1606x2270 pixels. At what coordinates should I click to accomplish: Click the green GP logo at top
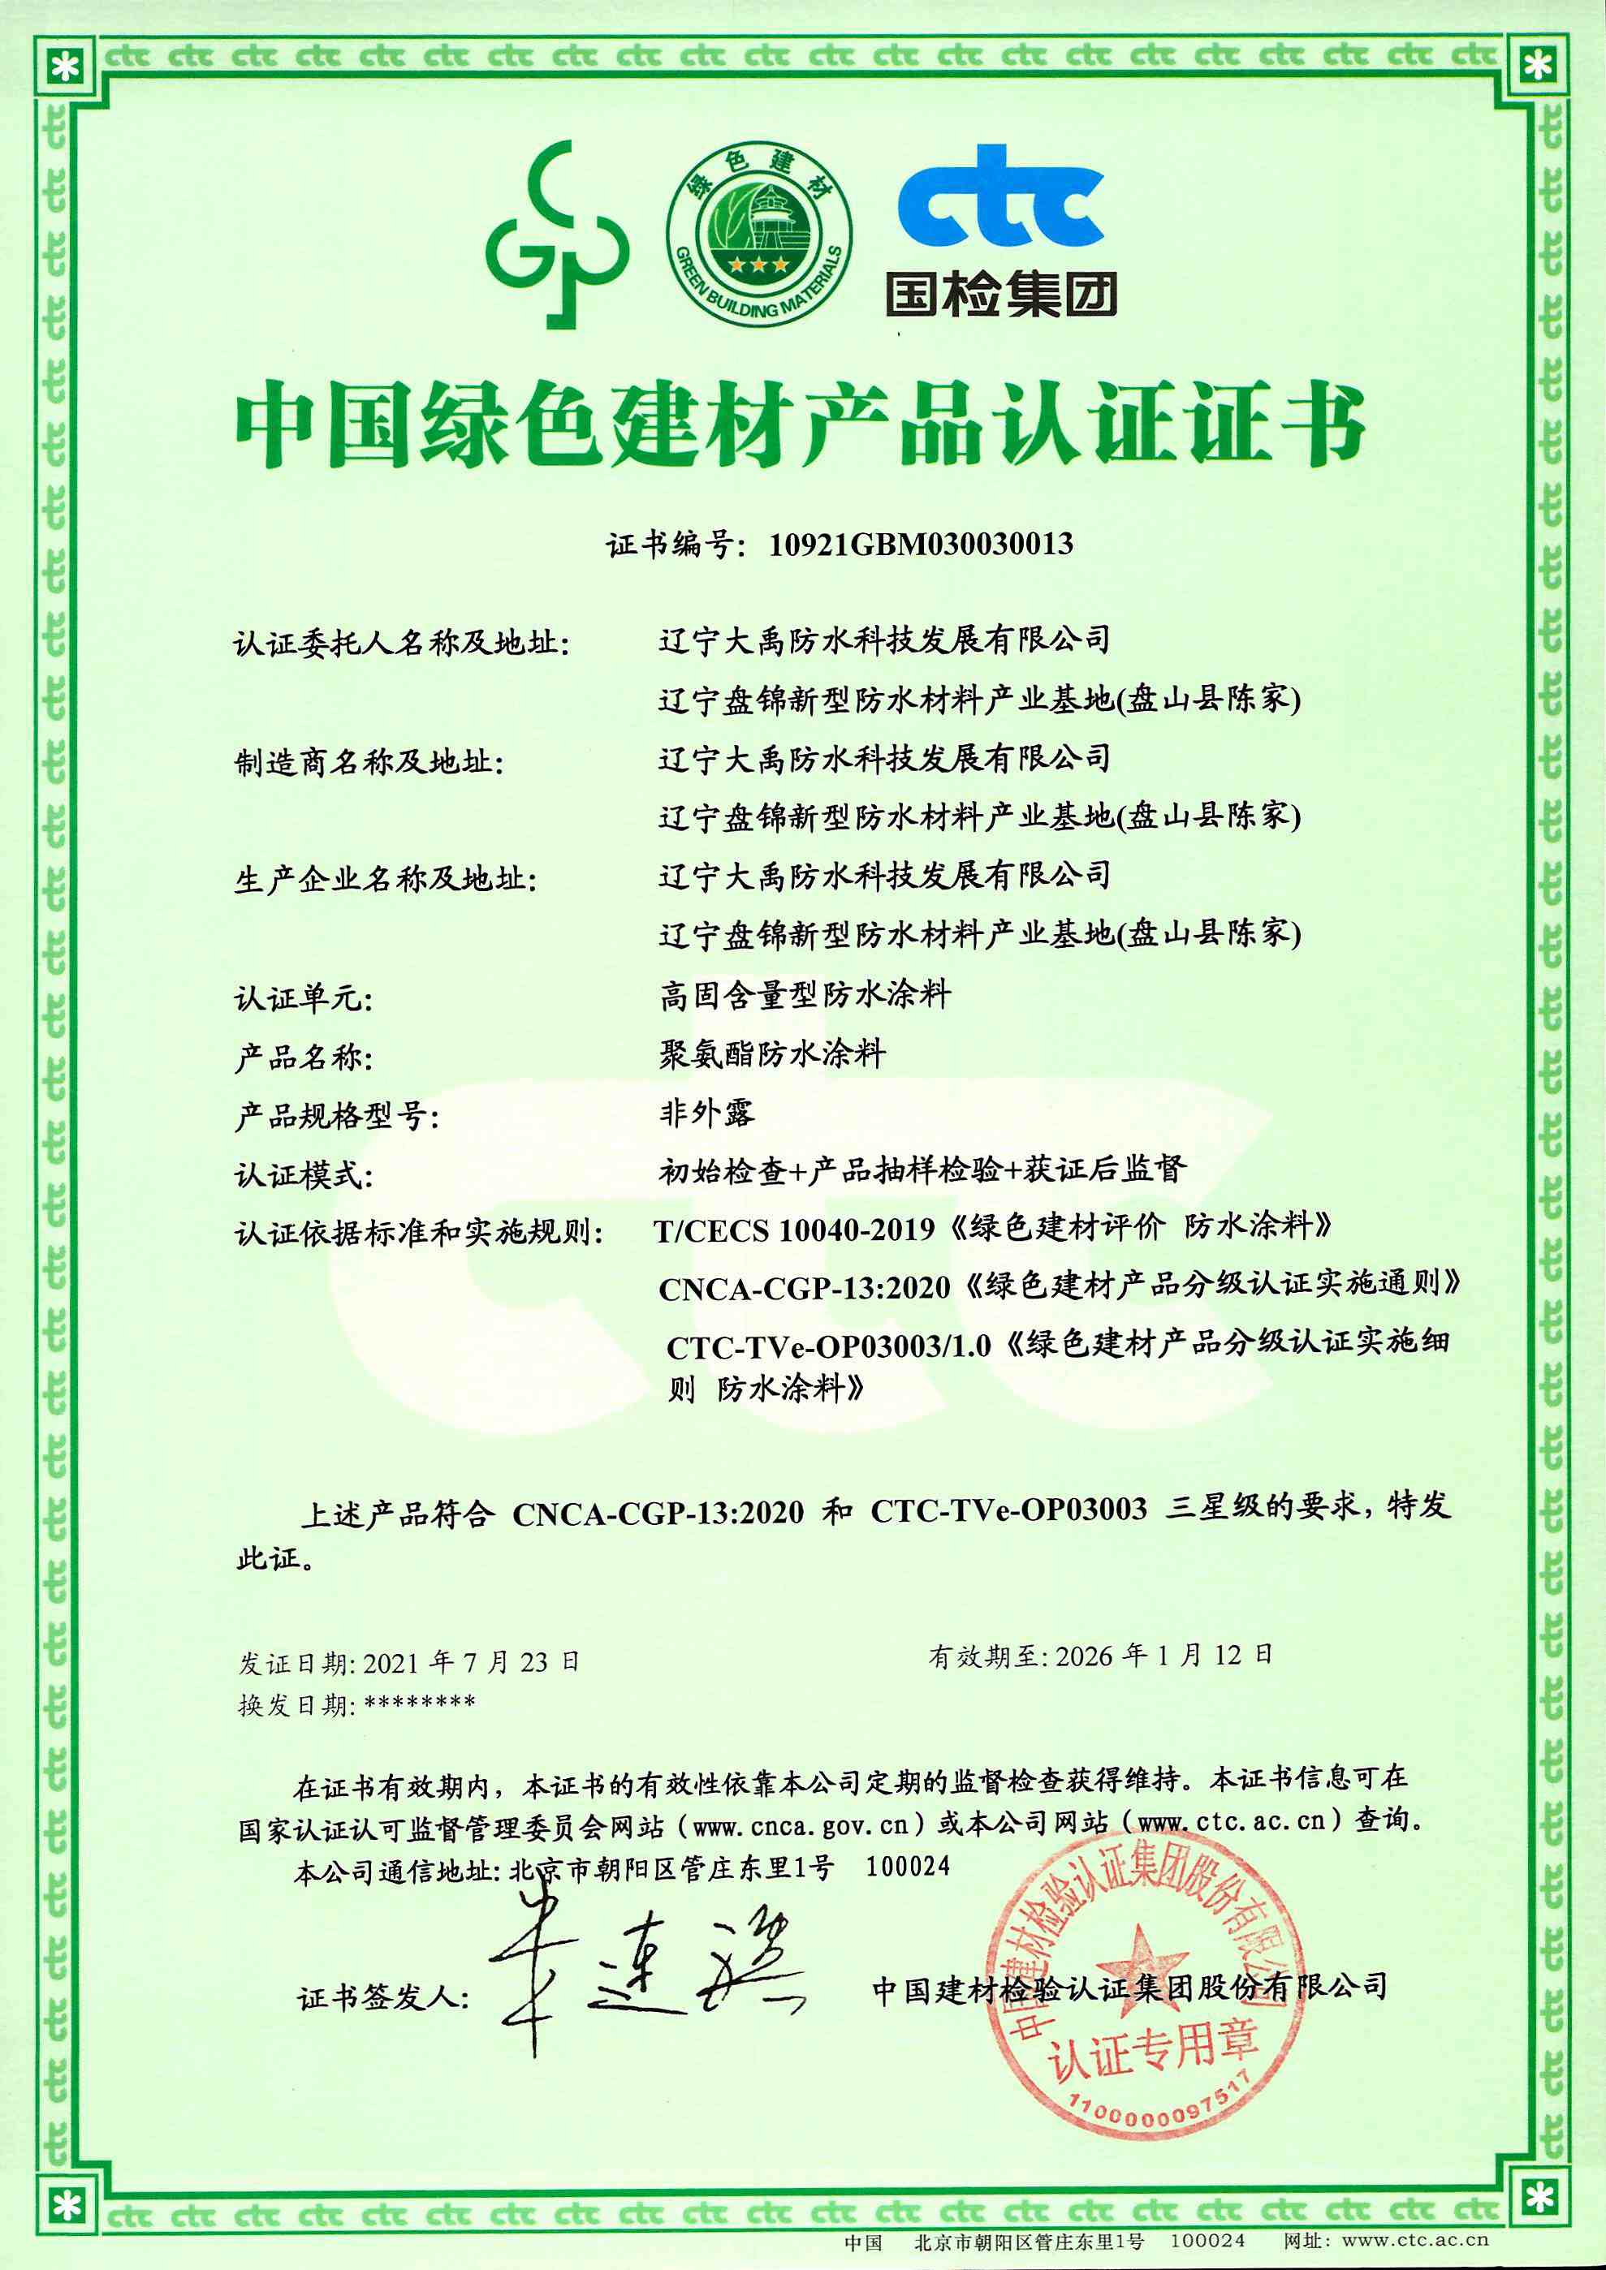557,235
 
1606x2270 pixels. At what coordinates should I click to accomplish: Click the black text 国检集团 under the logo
1001,295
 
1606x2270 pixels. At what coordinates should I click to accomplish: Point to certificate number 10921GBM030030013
921,544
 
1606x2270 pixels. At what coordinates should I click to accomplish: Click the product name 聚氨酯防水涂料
772,1054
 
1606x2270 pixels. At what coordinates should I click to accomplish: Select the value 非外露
707,1113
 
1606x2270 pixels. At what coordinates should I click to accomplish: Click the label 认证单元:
304,998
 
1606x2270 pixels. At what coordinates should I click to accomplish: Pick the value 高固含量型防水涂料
805,995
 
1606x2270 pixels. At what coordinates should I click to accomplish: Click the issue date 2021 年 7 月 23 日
471,1663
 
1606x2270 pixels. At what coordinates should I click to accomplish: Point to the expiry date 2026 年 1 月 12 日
1164,1656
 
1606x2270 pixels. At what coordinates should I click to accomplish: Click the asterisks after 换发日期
421,1704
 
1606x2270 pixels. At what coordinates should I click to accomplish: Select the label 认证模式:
304,1175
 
